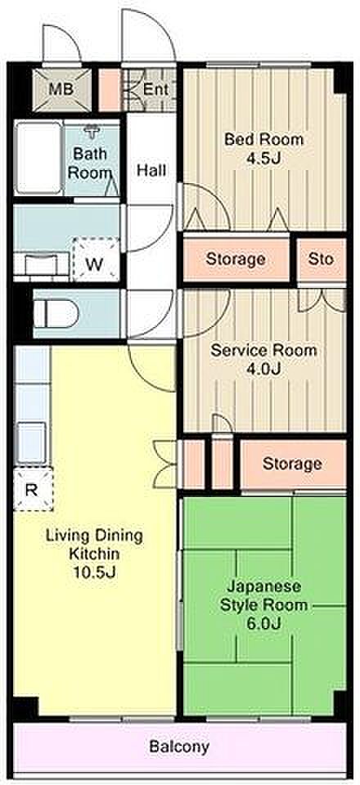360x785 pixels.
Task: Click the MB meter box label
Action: click(61, 90)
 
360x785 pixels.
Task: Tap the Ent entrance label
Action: click(155, 90)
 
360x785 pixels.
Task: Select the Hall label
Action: click(151, 170)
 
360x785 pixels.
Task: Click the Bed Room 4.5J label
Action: click(263, 148)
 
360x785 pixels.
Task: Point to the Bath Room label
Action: click(89, 163)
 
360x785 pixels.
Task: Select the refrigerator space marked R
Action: click(33, 489)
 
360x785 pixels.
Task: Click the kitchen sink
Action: click(31, 442)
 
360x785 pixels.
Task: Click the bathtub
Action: click(38, 158)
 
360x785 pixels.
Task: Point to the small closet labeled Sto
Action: click(321, 259)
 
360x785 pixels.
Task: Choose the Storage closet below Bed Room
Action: click(236, 259)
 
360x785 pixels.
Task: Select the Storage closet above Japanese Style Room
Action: click(293, 464)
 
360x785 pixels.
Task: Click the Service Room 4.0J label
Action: click(263, 359)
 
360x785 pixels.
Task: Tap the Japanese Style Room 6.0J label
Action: click(264, 604)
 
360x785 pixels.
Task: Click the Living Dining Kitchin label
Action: click(94, 553)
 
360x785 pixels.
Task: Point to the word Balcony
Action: click(179, 747)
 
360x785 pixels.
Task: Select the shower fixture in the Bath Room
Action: click(91, 131)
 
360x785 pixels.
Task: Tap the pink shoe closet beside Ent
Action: click(110, 90)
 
